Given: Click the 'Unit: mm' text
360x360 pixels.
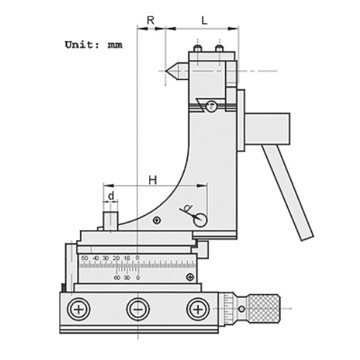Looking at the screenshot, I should point(93,44).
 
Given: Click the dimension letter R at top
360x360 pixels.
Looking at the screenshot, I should point(151,21).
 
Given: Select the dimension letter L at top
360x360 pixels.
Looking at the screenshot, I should point(204,21).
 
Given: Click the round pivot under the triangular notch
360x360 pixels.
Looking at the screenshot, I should point(211,107).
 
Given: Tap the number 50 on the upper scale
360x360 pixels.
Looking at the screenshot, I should point(85,258).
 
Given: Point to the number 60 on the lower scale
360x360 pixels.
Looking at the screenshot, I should point(116,277).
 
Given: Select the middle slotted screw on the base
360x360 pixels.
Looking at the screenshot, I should point(136,309).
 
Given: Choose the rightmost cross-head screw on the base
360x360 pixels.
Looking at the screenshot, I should point(195,309).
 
